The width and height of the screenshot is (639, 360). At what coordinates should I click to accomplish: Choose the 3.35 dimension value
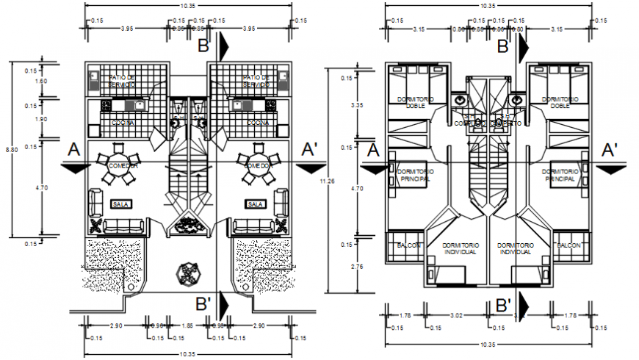click(x=358, y=105)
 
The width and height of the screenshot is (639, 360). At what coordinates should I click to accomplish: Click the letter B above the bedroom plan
click(x=502, y=47)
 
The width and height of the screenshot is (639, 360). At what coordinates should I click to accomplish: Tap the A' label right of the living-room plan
click(x=310, y=150)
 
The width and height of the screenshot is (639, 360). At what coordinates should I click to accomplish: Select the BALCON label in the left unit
click(x=408, y=245)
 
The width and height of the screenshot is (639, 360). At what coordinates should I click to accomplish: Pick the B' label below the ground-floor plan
click(x=204, y=302)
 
